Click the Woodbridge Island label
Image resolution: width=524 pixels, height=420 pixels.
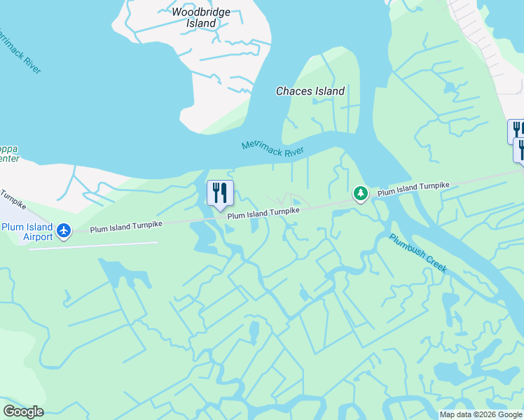point(201,17)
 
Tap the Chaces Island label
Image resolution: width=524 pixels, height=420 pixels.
point(310,91)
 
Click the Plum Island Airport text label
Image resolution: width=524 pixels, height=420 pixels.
point(27,232)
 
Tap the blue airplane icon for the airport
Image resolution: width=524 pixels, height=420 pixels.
point(64,230)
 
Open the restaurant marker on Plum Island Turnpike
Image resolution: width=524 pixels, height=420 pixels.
point(220,192)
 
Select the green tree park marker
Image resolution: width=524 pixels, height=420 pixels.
point(360,193)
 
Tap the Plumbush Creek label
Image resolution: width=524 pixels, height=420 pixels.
point(418,253)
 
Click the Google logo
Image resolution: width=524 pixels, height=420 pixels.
point(23,412)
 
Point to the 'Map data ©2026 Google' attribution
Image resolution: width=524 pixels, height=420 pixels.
point(481,414)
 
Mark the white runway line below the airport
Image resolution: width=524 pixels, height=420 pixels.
point(93,246)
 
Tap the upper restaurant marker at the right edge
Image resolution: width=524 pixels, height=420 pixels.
point(516,130)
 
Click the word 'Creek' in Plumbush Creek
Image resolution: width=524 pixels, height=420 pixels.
point(434,263)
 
